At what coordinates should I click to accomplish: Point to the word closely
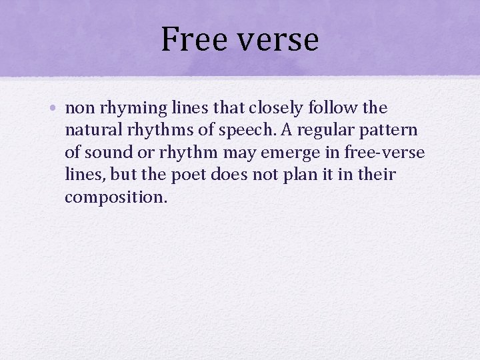(x=261, y=108)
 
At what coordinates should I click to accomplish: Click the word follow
(x=324, y=108)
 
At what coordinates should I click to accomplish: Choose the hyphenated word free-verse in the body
(x=385, y=153)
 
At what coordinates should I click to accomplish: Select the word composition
(x=115, y=197)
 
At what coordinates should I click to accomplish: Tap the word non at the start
(x=78, y=108)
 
